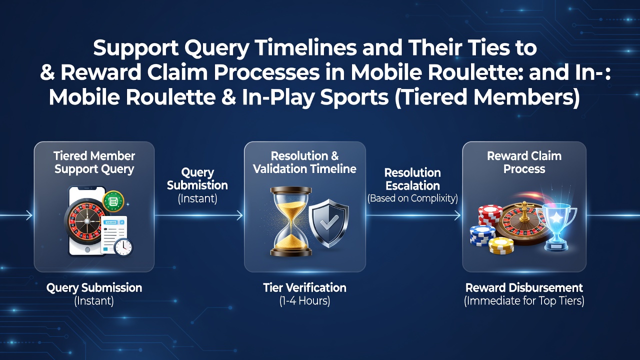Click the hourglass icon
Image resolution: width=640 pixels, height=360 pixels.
[x=291, y=221]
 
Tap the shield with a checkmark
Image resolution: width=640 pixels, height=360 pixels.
[x=329, y=223]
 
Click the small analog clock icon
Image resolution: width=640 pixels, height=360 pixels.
[x=123, y=247]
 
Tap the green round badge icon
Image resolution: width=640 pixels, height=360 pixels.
[x=113, y=201]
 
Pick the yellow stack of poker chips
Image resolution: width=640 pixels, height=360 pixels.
[x=501, y=245]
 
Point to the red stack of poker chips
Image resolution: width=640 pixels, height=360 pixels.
[x=490, y=215]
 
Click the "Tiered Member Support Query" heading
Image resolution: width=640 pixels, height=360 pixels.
[x=94, y=162]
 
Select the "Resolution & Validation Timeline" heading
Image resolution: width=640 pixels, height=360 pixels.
[x=304, y=162]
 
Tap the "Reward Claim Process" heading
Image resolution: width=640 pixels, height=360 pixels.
[x=524, y=162]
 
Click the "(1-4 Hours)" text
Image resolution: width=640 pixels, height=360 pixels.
[x=304, y=301]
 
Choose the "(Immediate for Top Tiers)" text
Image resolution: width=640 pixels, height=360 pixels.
[x=524, y=301]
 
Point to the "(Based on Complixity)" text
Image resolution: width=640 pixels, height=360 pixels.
[x=412, y=198]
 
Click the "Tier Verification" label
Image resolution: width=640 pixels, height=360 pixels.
[x=304, y=287]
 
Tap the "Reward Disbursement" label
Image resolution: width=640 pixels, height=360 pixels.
[x=524, y=287]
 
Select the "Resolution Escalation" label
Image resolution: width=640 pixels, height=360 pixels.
[x=412, y=179]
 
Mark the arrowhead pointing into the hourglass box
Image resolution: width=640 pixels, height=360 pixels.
[x=240, y=215]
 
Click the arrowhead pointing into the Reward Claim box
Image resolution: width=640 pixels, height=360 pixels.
[x=457, y=215]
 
